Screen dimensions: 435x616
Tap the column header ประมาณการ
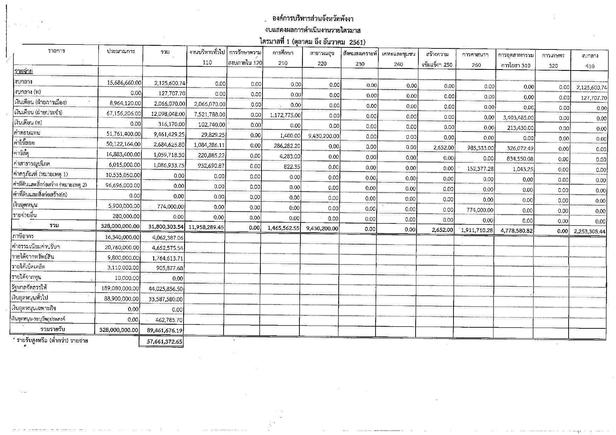coord(121,52)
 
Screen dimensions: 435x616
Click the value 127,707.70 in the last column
coord(593,98)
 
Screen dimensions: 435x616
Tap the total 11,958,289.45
coord(206,227)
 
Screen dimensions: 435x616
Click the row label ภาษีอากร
coord(22,236)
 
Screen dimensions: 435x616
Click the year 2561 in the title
coord(357,42)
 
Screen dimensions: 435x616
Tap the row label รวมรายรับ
coord(53,329)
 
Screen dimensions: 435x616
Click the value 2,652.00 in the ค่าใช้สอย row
coord(444,148)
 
